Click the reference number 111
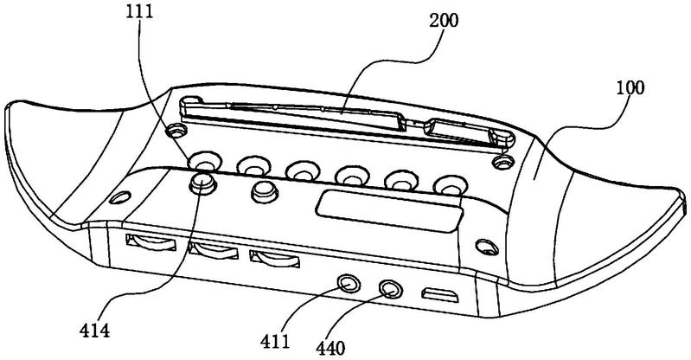click(x=139, y=11)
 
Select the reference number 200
click(x=444, y=20)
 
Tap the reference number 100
click(x=630, y=87)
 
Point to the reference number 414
click(x=95, y=330)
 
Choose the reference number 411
click(x=275, y=341)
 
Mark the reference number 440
click(x=330, y=348)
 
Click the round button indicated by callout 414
click(x=202, y=183)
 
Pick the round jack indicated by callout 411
click(x=348, y=284)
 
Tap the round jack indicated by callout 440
click(x=390, y=289)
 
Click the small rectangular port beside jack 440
click(x=439, y=295)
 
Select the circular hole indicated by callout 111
click(x=205, y=162)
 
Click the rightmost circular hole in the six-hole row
click(x=450, y=185)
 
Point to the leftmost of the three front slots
click(x=150, y=242)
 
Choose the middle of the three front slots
click(x=214, y=251)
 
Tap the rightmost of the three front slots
click(x=274, y=259)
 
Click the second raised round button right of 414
click(x=264, y=190)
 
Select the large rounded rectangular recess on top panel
click(x=389, y=211)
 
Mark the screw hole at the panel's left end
click(x=119, y=196)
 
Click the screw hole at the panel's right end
click(x=487, y=247)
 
